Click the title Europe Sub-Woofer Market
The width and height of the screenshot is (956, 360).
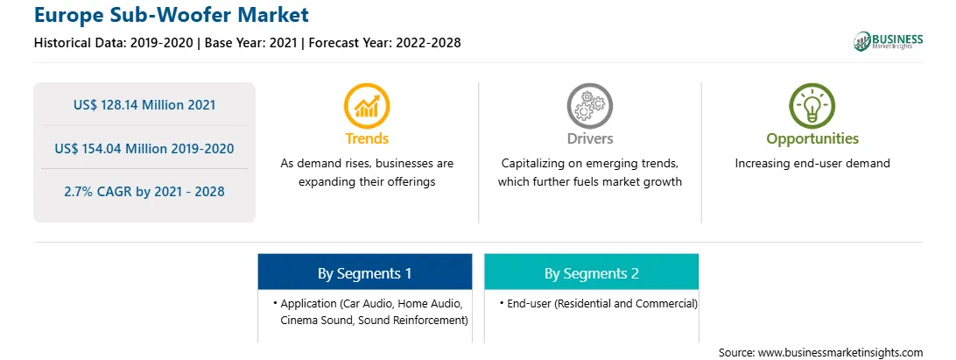click(172, 14)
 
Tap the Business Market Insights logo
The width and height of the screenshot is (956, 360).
click(888, 41)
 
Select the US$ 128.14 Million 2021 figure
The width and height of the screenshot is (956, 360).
click(144, 105)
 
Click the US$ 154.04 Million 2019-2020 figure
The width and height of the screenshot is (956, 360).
click(144, 148)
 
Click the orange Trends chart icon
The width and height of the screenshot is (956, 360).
click(367, 106)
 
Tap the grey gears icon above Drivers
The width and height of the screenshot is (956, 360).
click(589, 106)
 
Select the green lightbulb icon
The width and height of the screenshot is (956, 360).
click(812, 106)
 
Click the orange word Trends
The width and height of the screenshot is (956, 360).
click(367, 138)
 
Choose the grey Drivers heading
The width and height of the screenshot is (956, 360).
click(589, 138)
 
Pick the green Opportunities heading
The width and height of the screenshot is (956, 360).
click(812, 139)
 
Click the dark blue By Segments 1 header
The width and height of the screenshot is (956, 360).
click(364, 272)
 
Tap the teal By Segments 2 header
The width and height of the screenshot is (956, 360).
click(592, 272)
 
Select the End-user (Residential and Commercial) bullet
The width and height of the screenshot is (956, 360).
click(598, 303)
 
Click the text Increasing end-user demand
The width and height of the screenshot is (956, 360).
click(812, 164)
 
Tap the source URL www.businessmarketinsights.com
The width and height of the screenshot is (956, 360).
click(840, 353)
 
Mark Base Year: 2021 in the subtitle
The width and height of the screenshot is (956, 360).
click(251, 43)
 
